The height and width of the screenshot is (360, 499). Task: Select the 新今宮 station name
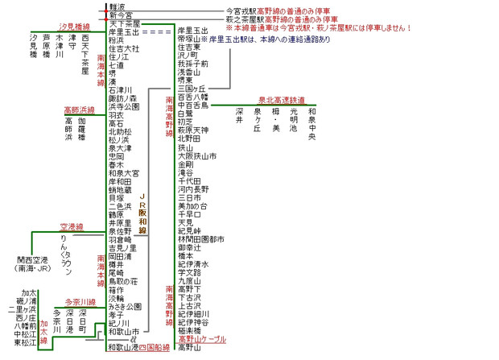[121, 15]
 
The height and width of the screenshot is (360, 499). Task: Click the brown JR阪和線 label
[143, 213]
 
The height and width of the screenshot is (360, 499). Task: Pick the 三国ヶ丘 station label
[192, 88]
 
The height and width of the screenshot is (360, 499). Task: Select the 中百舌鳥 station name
[192, 105]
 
